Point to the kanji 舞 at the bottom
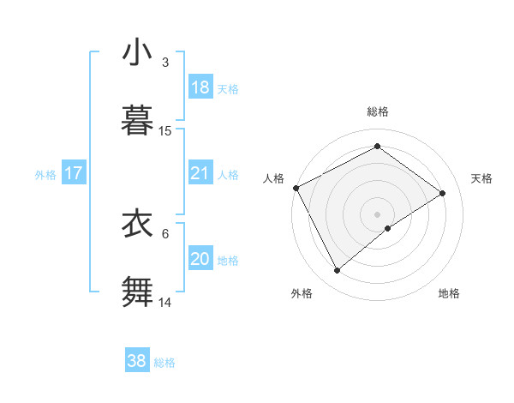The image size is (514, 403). coord(138,290)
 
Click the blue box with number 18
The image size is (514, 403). coord(200,87)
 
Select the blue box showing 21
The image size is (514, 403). coord(200,173)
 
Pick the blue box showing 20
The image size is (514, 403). coord(200,259)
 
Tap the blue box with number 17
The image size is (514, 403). coord(74,173)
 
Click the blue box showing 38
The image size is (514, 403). coord(137,361)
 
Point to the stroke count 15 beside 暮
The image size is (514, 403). coord(165,131)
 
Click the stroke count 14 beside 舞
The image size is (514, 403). coord(165,302)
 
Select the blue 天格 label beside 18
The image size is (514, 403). coord(227,88)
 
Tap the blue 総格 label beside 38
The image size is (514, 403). coord(164,362)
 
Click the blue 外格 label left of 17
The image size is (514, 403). coord(45,174)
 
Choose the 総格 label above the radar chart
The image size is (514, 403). coord(378,111)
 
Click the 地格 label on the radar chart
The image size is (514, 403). coord(449,293)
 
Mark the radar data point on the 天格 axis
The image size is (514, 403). coord(443,193)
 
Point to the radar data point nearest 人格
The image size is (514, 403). coord(296,188)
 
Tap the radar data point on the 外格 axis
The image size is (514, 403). coord(338,271)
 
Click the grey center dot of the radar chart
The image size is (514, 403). coord(378,214)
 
